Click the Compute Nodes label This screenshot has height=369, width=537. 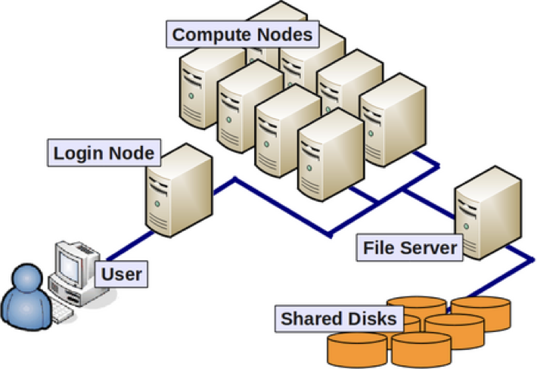pos(243,34)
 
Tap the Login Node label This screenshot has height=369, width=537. pos(104,154)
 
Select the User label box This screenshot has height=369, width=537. pos(122,274)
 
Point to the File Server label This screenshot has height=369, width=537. pos(409,248)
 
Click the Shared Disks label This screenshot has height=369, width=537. pos(338,318)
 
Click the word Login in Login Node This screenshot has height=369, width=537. pos(80,154)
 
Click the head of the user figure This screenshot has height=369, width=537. pos(26,276)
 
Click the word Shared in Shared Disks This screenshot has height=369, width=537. pos(309,318)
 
